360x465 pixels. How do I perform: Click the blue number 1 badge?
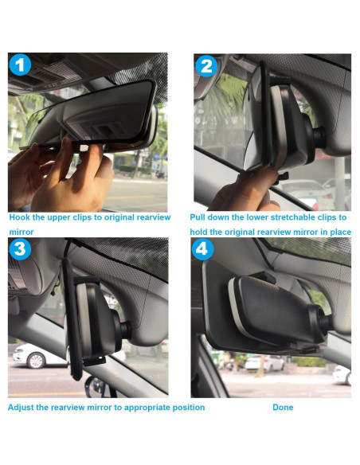tap(20, 65)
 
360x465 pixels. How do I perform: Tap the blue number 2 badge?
tap(206, 66)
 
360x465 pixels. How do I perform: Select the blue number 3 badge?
tap(20, 249)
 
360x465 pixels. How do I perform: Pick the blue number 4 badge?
tap(203, 249)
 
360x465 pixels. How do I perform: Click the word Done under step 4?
tap(283, 407)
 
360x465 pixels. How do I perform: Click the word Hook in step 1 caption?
tap(20, 217)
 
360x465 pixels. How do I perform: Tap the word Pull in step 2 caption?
tap(198, 217)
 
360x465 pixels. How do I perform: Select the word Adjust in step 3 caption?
tap(21, 408)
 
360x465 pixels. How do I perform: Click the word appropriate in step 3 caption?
tap(147, 408)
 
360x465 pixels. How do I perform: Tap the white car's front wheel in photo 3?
tap(36, 361)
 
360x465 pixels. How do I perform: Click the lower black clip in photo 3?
tap(94, 361)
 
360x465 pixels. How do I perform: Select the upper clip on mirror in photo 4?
tap(264, 277)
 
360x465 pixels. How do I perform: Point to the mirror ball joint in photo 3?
tap(126, 329)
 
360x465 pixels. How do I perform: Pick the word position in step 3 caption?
tap(189, 408)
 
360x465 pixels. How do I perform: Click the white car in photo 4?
tap(264, 363)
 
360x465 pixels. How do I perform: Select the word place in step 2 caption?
tap(341, 232)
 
